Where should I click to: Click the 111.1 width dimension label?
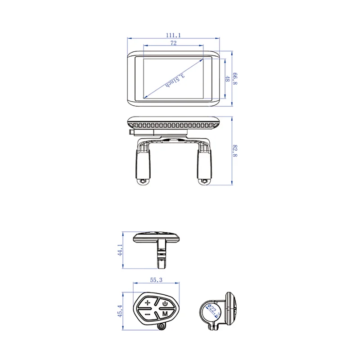pyautogui.click(x=173, y=35)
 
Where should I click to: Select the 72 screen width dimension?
pyautogui.click(x=173, y=43)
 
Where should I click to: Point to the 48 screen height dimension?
pyautogui.click(x=228, y=79)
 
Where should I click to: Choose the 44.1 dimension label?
pyautogui.click(x=120, y=250)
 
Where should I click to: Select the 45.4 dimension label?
pyautogui.click(x=120, y=310)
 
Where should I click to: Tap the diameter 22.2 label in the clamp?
pyautogui.click(x=210, y=309)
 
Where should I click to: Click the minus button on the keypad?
pyautogui.click(x=148, y=314)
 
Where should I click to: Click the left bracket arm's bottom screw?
pyautogui.click(x=144, y=182)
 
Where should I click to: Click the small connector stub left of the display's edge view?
pyautogui.click(x=131, y=132)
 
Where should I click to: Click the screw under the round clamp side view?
pyautogui.click(x=212, y=327)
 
